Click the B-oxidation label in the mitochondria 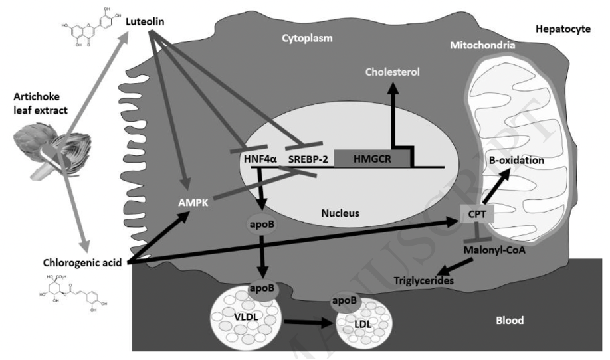(x=516, y=161)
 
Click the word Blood (x=510, y=321)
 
